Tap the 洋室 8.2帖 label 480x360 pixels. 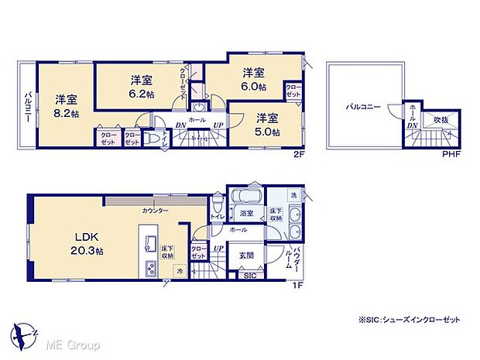[x=66, y=106]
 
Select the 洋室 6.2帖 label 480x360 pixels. [x=140, y=86]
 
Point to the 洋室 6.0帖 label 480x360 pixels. [x=253, y=80]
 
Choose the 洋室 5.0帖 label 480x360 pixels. [x=268, y=124]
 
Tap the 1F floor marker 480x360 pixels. [x=298, y=286]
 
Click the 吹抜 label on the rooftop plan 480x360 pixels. [x=441, y=121]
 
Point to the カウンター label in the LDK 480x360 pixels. [x=156, y=210]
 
